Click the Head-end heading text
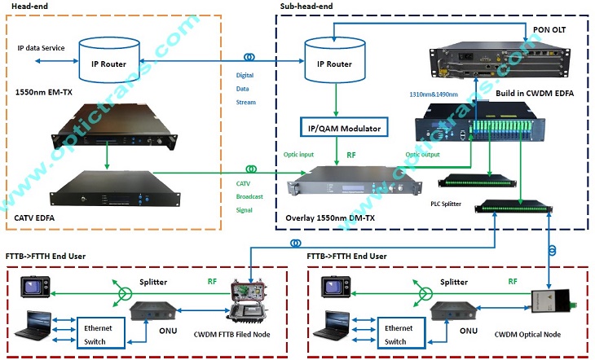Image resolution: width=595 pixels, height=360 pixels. [x=28, y=7]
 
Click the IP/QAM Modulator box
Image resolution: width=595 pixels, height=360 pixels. [x=341, y=127]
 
